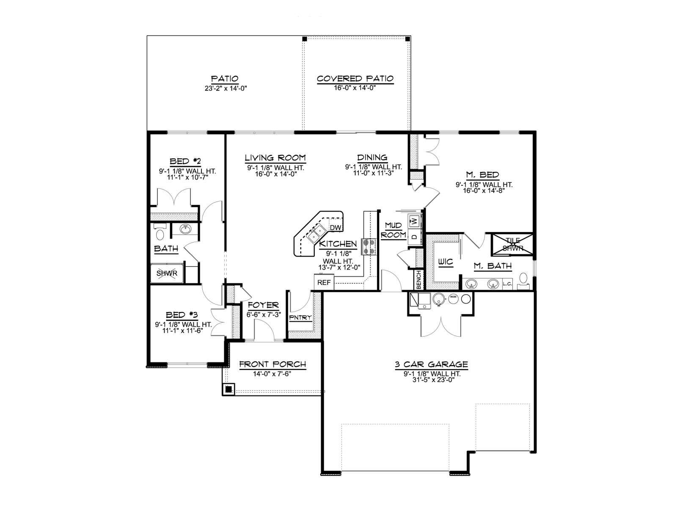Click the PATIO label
pyautogui.click(x=225, y=79)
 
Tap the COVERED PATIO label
pyautogui.click(x=355, y=79)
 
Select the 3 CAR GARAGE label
pyautogui.click(x=432, y=364)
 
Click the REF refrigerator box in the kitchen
pyautogui.click(x=324, y=282)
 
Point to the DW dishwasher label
pyautogui.click(x=336, y=228)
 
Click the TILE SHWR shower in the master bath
pyautogui.click(x=512, y=244)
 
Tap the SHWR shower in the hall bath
pyautogui.click(x=167, y=273)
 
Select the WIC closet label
pyautogui.click(x=446, y=262)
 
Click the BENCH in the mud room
pyautogui.click(x=418, y=280)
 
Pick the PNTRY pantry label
pyautogui.click(x=300, y=317)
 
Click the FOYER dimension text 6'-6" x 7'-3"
pyautogui.click(x=264, y=315)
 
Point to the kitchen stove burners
pyautogui.click(x=369, y=247)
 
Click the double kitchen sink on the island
pyautogui.click(x=316, y=233)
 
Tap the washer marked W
pyautogui.click(x=415, y=221)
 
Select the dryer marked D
pyautogui.click(x=415, y=237)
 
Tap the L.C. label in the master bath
pyautogui.click(x=507, y=284)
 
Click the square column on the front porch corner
pyautogui.click(x=228, y=389)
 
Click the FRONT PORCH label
pyautogui.click(x=272, y=364)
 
